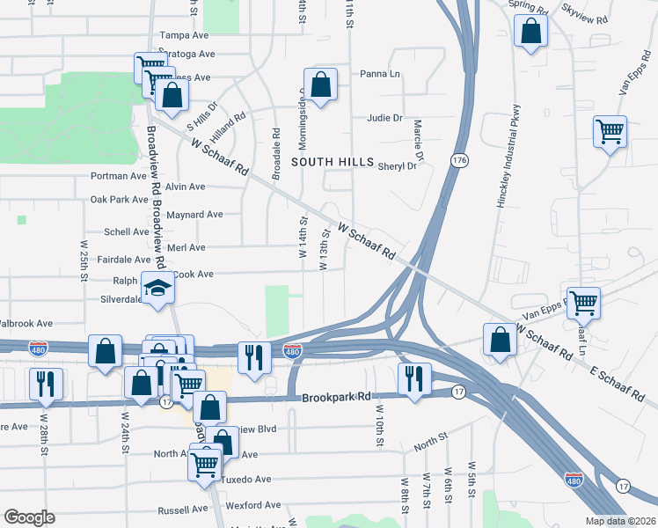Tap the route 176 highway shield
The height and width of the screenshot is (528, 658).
coord(458,161)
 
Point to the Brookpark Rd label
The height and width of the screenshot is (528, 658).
coord(339,398)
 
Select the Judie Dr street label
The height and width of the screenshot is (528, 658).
coord(384,117)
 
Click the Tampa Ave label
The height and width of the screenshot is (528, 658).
coord(183,37)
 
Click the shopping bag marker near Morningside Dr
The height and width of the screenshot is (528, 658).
coord(321,84)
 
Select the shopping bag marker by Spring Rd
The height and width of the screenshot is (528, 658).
coord(532,33)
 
